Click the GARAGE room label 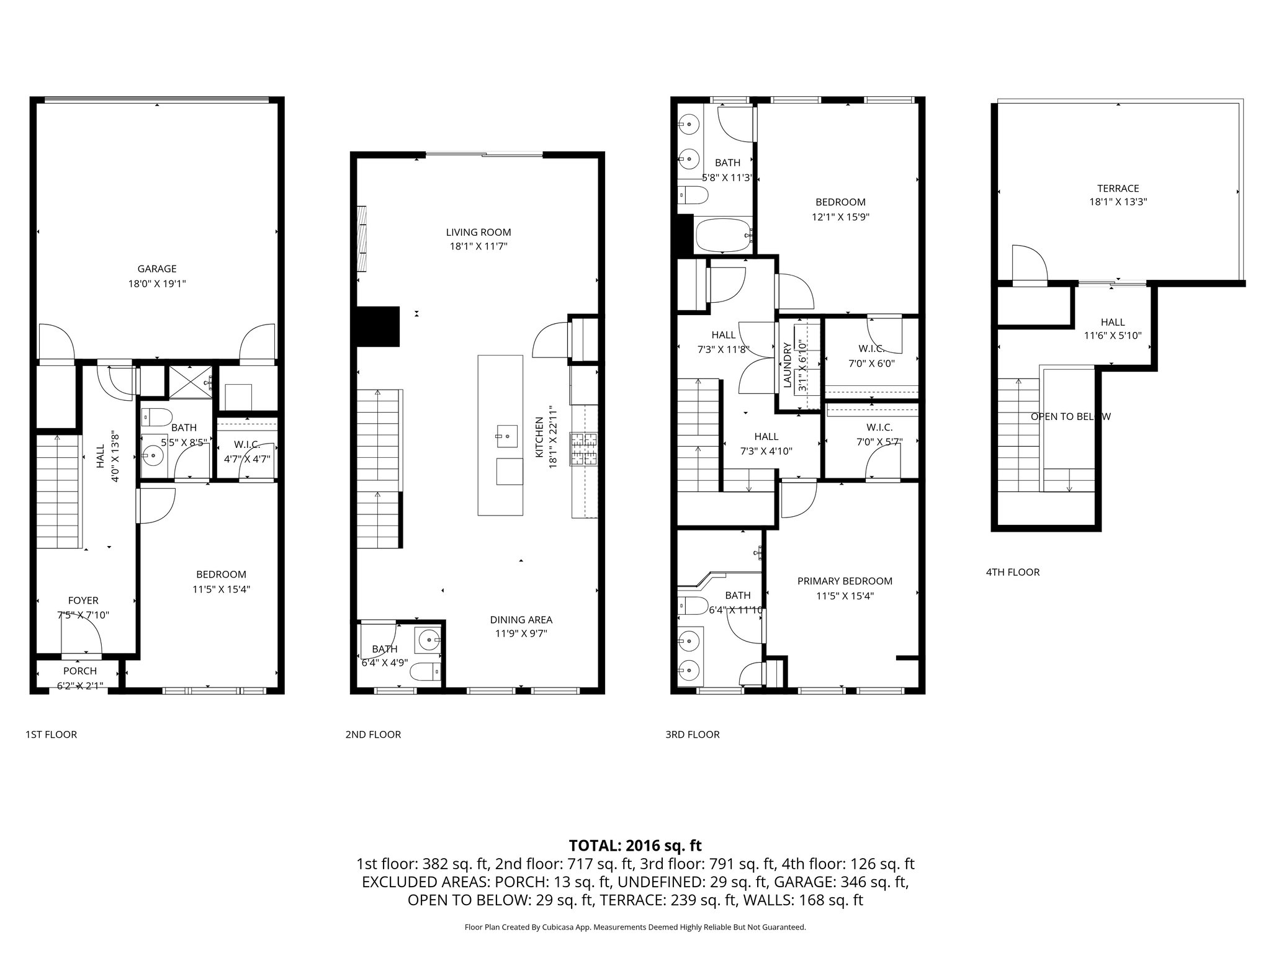[x=156, y=269]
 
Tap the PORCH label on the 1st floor [x=80, y=671]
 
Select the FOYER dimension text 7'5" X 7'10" [x=83, y=615]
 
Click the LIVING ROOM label [x=478, y=232]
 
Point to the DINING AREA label [x=521, y=619]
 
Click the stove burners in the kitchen [x=583, y=449]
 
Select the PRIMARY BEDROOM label [x=844, y=581]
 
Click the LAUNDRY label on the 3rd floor [x=787, y=365]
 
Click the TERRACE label [x=1118, y=188]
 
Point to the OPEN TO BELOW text [x=1070, y=416]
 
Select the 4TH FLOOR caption [x=1012, y=572]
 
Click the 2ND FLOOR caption [x=373, y=735]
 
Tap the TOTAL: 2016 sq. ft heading [x=635, y=845]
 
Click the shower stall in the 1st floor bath [x=191, y=381]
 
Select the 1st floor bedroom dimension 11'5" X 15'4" [x=221, y=589]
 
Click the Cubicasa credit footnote [x=635, y=927]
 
